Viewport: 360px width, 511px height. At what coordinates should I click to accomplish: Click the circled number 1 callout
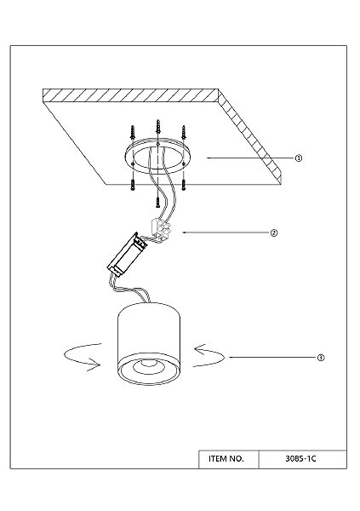tap(299, 158)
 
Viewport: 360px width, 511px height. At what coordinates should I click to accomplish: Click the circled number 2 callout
tap(274, 233)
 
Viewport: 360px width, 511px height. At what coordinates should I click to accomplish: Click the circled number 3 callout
tap(321, 358)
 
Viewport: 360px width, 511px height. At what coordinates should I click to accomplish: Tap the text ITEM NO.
tap(226, 459)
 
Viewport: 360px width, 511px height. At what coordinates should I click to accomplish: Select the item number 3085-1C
tap(300, 459)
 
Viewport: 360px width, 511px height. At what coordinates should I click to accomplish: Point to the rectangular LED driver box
tap(128, 254)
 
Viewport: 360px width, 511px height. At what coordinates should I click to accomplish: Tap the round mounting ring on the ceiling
tap(157, 157)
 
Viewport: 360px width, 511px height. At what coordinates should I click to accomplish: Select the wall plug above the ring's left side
tap(133, 133)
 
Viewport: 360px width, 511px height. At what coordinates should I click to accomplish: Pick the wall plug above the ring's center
tap(158, 127)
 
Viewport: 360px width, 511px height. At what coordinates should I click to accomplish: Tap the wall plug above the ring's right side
tap(184, 133)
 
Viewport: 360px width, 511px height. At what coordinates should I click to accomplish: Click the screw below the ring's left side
tap(133, 185)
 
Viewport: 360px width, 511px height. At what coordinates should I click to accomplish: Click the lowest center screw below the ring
tap(157, 203)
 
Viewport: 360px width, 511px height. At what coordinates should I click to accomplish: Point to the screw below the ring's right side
tap(184, 185)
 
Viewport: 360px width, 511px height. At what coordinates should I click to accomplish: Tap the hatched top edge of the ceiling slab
tap(130, 95)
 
